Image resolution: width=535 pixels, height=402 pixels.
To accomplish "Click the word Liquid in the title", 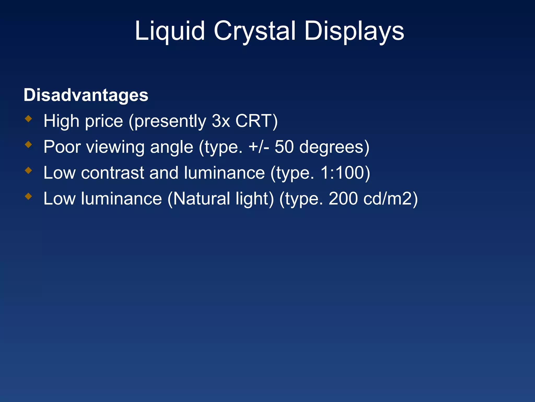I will pos(170,31).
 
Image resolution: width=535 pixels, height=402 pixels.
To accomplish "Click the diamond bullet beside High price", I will pos(28,119).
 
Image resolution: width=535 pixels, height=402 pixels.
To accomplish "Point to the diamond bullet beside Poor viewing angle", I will pos(28,144).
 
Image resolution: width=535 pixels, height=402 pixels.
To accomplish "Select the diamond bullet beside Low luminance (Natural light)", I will pos(28,196).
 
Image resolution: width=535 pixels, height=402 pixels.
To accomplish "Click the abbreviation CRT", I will pos(253,121).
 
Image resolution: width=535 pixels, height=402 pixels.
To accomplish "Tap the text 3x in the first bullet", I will pos(221,121).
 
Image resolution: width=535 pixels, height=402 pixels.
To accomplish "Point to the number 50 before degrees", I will pos(284,147).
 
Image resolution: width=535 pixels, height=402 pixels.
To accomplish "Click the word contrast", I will pos(113,173).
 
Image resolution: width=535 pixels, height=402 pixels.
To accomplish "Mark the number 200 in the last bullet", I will pos(343,199).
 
